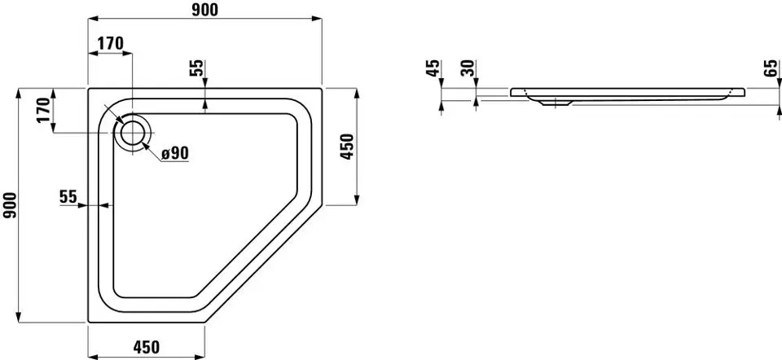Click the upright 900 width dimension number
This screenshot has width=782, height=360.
[205, 10]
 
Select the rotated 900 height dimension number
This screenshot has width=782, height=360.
[10, 205]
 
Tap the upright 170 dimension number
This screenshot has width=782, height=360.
[110, 44]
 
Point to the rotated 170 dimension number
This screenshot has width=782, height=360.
[44, 110]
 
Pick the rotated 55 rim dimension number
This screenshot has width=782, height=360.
[197, 68]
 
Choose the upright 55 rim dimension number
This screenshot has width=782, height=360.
[68, 197]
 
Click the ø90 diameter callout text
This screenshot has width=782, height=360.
[174, 154]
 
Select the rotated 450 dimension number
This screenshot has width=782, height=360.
[347, 147]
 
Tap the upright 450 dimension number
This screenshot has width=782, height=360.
[146, 346]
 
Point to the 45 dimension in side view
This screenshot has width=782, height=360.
[433, 68]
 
